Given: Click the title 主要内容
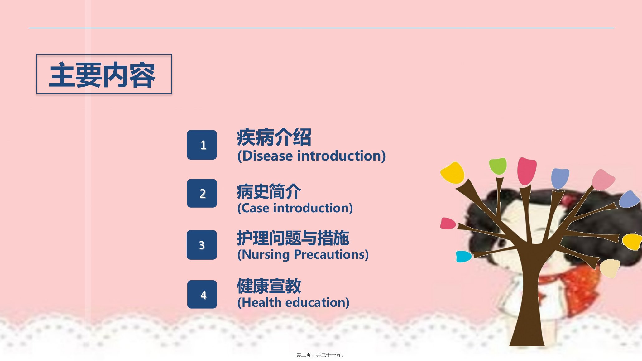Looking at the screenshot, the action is click(102, 75).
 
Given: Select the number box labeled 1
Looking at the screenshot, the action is click(202, 145).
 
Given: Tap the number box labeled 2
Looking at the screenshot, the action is click(202, 193).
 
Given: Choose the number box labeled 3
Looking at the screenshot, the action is click(202, 245).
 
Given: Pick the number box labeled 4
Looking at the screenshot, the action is click(202, 295).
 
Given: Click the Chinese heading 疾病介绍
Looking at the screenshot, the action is click(274, 137).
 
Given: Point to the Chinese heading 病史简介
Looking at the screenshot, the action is click(269, 191).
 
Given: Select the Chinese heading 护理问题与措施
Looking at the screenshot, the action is click(293, 238).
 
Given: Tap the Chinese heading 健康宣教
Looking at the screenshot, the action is click(269, 286).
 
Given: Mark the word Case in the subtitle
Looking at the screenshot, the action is click(255, 208).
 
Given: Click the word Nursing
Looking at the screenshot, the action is click(266, 255).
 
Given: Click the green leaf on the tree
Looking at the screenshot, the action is click(498, 166).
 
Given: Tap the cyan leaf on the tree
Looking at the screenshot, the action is click(464, 257).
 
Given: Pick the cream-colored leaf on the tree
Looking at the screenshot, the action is click(610, 268).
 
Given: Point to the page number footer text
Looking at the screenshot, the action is click(320, 355).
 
